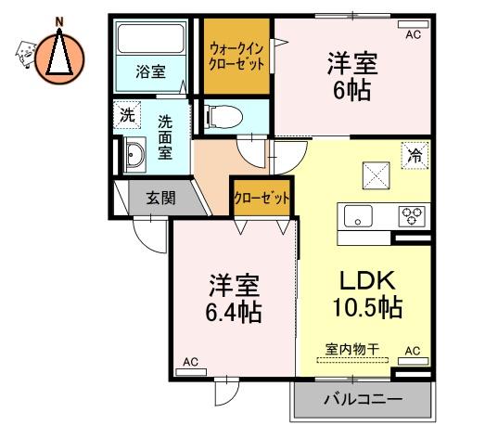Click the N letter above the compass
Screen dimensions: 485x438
[59, 21]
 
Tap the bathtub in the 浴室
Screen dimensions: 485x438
[151, 39]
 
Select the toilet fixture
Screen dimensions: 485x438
[223, 116]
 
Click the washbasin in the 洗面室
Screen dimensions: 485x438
[134, 154]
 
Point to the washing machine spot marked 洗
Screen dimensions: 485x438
[127, 115]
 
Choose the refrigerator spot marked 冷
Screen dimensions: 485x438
[415, 155]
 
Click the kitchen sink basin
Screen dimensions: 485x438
[358, 216]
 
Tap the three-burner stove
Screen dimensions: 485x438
[412, 215]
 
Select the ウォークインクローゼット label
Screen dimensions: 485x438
[236, 57]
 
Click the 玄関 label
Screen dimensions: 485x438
[160, 198]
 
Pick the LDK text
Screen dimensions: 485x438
[367, 280]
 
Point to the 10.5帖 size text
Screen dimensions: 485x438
[367, 307]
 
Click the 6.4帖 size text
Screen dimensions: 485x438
[234, 312]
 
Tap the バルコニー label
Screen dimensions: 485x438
[364, 399]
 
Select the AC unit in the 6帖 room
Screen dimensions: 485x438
[414, 24]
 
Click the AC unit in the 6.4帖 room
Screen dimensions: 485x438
[191, 372]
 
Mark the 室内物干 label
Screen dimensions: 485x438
[352, 350]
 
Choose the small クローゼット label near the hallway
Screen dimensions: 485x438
[262, 198]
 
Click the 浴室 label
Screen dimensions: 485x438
[150, 71]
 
